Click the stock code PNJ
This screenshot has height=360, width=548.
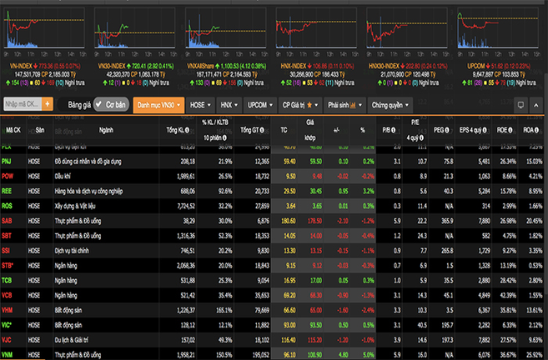(x=10, y=161)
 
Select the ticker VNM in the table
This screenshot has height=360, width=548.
(x=11, y=354)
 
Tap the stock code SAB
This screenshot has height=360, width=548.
(x=10, y=220)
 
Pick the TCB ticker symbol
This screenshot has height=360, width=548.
(x=10, y=280)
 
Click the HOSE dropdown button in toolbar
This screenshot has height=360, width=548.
(x=199, y=105)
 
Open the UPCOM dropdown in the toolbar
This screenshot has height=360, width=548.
(x=259, y=105)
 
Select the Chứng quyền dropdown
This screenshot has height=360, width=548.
(x=389, y=105)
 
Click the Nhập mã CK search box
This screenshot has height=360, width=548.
(x=23, y=105)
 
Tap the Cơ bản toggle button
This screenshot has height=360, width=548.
(x=110, y=105)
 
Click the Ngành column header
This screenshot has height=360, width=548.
(x=105, y=130)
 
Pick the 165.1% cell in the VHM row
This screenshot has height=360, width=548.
(x=223, y=309)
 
